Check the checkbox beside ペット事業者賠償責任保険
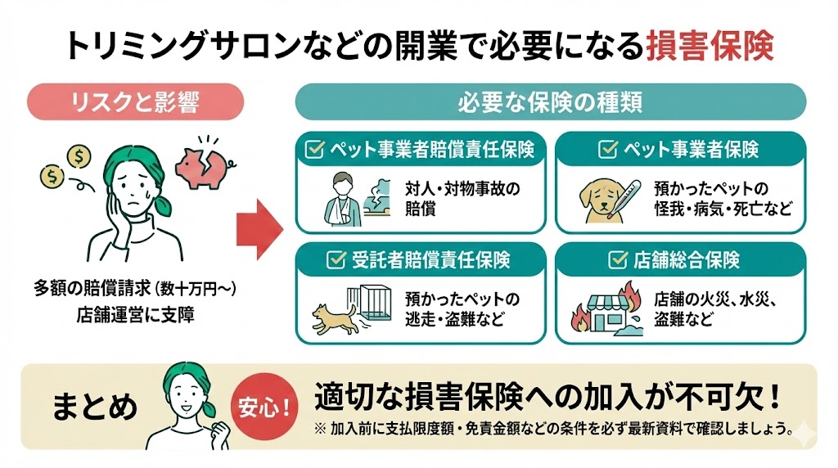pyautogui.click(x=313, y=150)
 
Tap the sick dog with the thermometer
pyautogui.click(x=605, y=198)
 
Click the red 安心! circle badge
pyautogui.click(x=265, y=407)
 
